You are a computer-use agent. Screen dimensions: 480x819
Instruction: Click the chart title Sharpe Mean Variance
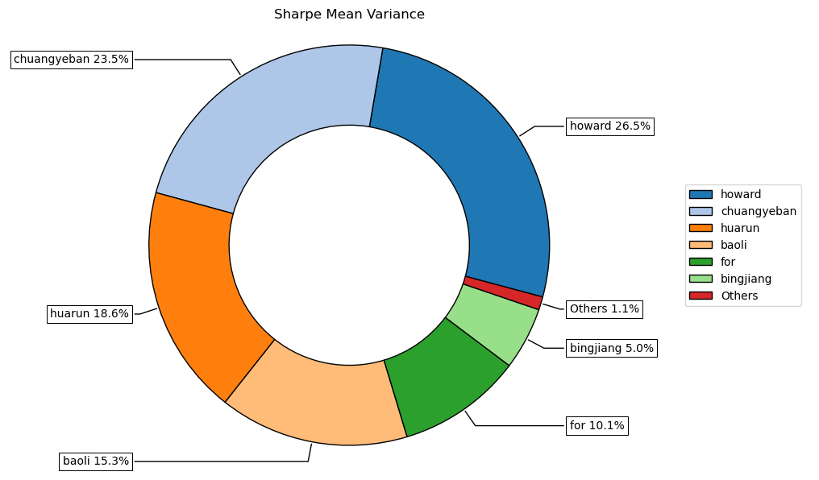click(x=349, y=14)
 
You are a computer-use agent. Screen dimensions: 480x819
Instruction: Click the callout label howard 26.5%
click(x=609, y=126)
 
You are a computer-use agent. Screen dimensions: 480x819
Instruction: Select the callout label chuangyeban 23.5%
click(x=71, y=59)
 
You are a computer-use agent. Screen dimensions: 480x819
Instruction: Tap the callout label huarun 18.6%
click(x=89, y=314)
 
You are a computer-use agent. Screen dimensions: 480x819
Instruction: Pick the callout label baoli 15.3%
click(x=96, y=461)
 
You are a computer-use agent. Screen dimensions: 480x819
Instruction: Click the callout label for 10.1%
click(x=597, y=425)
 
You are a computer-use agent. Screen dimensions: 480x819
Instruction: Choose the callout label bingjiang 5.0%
click(x=611, y=348)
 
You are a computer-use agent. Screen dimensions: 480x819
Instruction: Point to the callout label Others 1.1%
click(x=604, y=308)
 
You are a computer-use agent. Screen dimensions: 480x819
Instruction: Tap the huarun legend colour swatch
click(x=701, y=228)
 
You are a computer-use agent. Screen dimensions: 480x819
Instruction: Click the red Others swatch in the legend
click(x=701, y=296)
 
